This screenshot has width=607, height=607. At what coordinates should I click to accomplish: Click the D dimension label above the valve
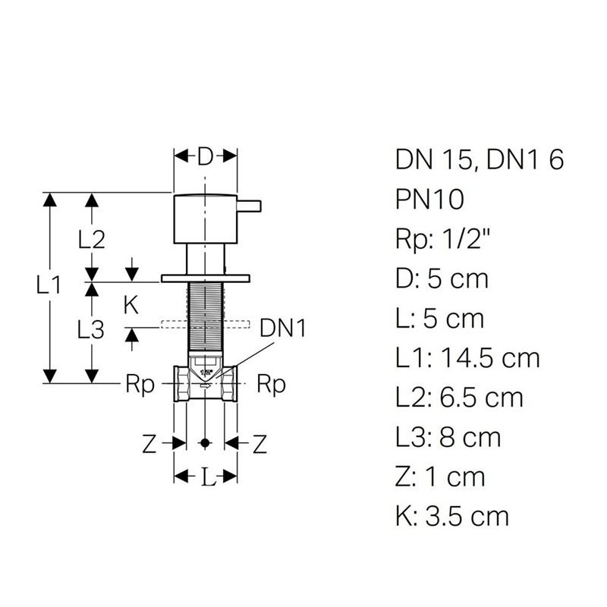[205, 157]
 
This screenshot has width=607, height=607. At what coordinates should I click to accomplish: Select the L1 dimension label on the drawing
[49, 285]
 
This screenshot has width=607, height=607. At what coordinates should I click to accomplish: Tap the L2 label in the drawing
[91, 240]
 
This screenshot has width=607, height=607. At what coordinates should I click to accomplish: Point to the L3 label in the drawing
[91, 330]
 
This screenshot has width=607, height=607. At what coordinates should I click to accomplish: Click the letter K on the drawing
[131, 306]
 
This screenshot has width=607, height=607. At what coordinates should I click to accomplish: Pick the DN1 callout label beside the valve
[282, 329]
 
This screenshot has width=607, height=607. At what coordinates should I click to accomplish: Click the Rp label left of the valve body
[140, 385]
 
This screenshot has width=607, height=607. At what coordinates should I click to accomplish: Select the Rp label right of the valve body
[272, 385]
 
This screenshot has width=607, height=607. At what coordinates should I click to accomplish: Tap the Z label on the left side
[149, 444]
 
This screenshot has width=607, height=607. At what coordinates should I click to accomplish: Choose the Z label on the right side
[259, 444]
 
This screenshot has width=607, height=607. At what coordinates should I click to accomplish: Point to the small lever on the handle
[249, 206]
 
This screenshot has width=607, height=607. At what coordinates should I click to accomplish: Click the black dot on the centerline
[205, 443]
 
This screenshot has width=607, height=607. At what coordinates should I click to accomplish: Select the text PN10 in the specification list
[429, 200]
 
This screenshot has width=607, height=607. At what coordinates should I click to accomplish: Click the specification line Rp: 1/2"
[443, 240]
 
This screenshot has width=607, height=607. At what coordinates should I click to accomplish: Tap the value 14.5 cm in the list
[490, 358]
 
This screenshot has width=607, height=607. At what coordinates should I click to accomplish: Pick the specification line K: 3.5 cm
[452, 516]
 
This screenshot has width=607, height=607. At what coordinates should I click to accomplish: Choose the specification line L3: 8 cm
[448, 437]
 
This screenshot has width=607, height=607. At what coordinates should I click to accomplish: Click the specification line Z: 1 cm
[440, 476]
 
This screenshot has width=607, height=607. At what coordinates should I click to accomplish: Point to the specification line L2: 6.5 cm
[459, 398]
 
